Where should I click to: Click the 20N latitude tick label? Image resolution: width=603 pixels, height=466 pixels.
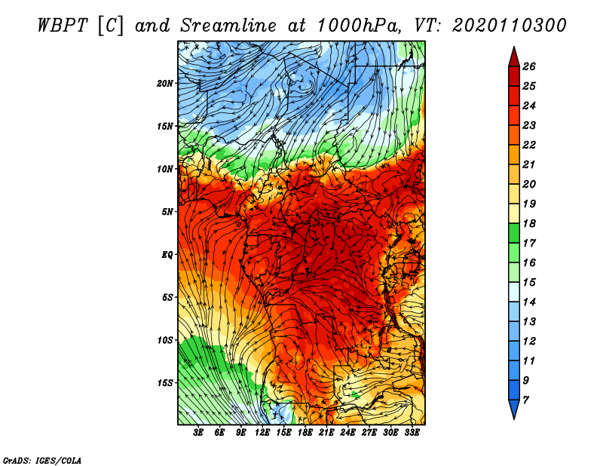pos(165,83)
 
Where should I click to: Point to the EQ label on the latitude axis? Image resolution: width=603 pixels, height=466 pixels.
pos(167,254)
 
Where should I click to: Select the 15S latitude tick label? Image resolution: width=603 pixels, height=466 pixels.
pos(165,383)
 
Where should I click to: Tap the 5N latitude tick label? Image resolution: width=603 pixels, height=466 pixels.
pos(167,212)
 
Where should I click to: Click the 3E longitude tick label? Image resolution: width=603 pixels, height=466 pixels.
pos(198,433)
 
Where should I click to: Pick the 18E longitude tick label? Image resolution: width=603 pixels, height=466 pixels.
pos(305,433)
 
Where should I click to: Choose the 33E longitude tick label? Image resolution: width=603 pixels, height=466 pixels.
pos(412,433)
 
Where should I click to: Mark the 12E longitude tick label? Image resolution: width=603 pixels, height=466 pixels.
pos(262,433)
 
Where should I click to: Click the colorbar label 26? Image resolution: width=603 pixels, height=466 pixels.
pos(529,66)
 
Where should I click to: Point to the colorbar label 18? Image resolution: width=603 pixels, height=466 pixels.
pos(529,223)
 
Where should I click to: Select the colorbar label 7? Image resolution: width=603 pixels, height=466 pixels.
pos(525,400)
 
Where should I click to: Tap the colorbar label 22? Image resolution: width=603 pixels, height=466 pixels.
pos(529,145)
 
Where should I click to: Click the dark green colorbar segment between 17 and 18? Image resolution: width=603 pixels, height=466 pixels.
pos(514,233)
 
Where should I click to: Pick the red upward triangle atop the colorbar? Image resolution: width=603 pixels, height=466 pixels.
pos(514,59)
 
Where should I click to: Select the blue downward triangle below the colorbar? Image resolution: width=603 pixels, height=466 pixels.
pos(514,408)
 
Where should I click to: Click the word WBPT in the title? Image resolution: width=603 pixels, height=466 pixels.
pos(63,26)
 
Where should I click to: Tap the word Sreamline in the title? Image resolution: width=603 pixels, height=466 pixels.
pos(228,26)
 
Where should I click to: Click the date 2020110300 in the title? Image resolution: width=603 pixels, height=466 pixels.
pos(510,26)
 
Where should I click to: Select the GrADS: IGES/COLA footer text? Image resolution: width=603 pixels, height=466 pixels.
pos(42,461)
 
